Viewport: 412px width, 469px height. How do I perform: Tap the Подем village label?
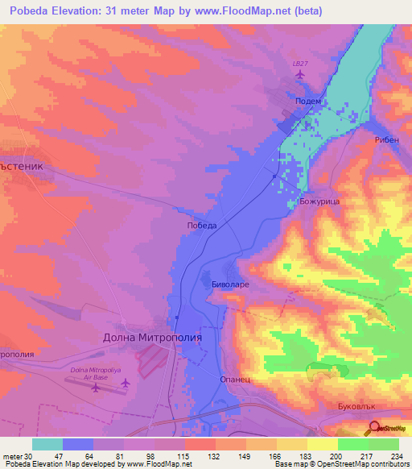pos(309,102)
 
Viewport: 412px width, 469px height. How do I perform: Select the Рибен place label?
pos(386,139)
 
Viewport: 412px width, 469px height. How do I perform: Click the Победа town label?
pos(201,226)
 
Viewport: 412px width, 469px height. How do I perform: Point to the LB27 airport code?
pos(300,62)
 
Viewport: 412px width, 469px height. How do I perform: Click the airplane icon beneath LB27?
pos(300,75)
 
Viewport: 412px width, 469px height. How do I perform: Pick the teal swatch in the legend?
pos(47,444)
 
